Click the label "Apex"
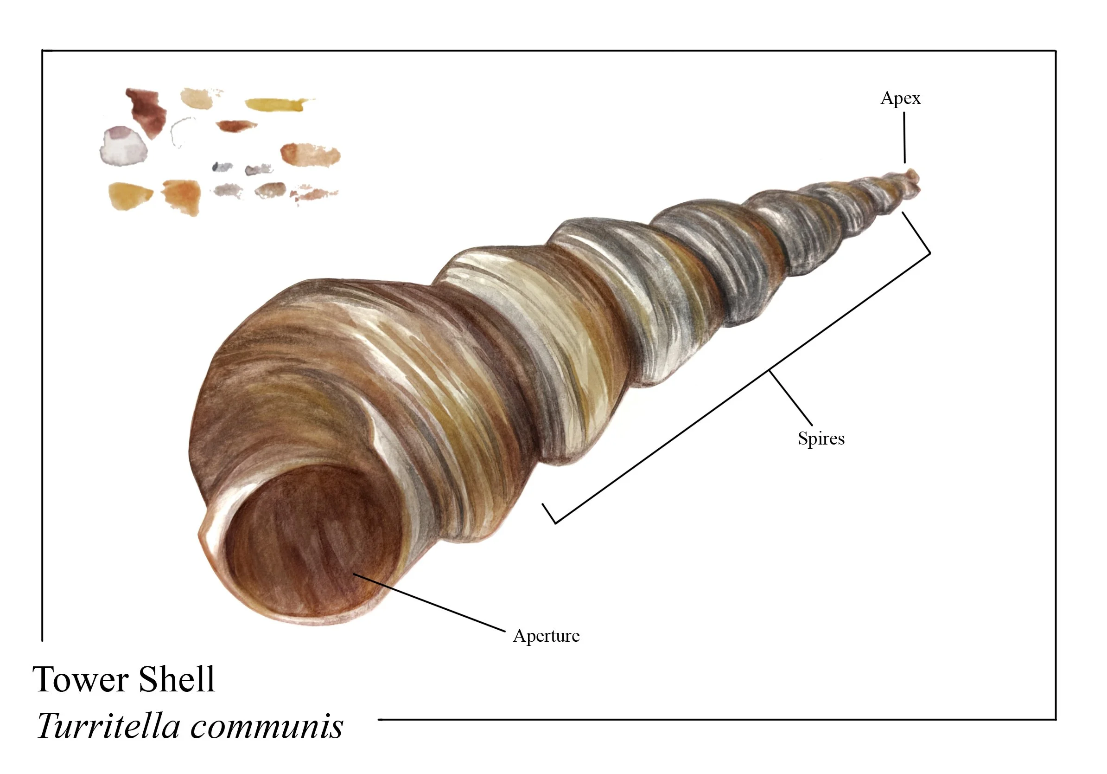pos(900,99)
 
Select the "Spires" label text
pos(821,439)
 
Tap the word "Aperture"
pos(546,637)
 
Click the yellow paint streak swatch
pos(278,104)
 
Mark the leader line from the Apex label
pos(904,137)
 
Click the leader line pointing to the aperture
pos(430,602)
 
